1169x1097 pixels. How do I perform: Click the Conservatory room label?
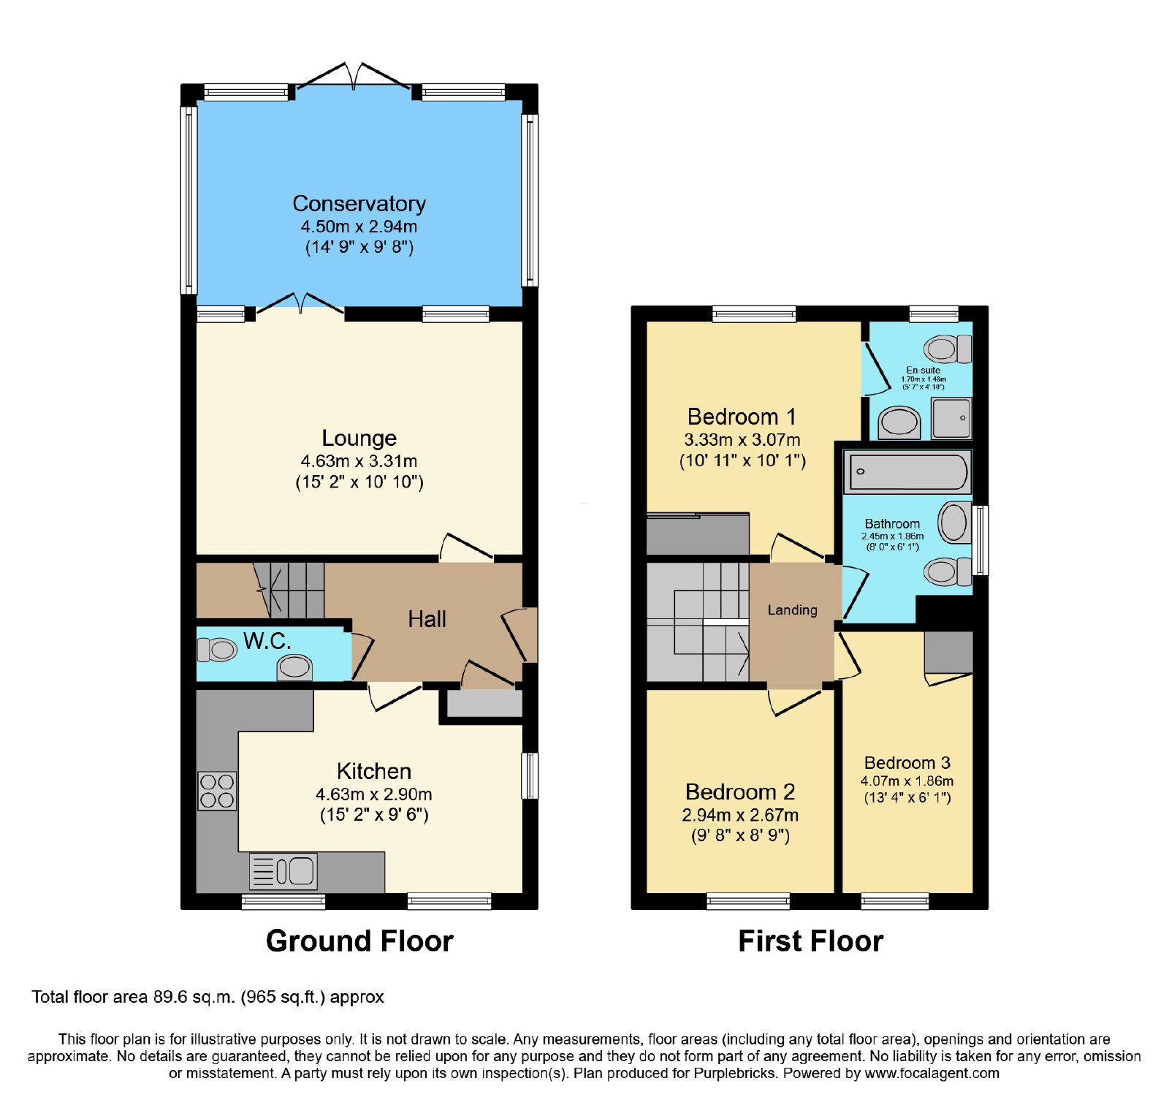359,203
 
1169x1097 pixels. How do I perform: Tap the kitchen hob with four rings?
217,791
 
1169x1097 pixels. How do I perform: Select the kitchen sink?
283,870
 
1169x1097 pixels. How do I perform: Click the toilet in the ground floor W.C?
217,649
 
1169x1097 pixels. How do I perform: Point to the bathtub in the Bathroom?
907,471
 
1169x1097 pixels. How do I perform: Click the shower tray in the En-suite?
951,418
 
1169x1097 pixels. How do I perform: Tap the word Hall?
427,619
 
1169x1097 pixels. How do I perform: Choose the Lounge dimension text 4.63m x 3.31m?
359,461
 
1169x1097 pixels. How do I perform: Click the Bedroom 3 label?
907,763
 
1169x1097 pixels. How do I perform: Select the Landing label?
792,610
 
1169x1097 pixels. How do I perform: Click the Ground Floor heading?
359,941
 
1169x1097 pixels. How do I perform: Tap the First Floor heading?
811,941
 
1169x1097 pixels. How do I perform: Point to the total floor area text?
207,997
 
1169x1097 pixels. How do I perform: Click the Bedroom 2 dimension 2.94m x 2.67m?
740,815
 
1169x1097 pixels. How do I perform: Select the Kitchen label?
374,771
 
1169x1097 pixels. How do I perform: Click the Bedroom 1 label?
742,417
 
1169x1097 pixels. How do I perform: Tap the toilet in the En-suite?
948,349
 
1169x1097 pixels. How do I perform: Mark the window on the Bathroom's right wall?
980,540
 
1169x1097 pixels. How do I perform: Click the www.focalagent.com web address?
932,1074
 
